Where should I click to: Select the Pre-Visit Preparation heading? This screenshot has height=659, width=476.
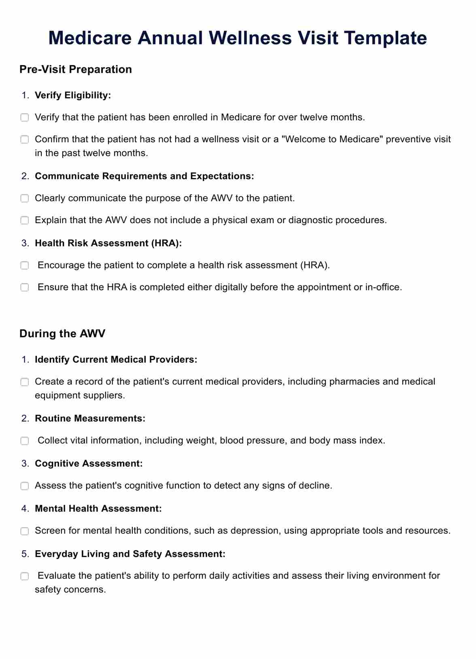[76, 69]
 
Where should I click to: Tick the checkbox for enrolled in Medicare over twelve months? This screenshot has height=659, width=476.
[25, 118]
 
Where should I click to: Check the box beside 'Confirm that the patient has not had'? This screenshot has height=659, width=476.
[25, 139]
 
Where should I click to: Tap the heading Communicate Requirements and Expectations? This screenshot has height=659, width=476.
[144, 176]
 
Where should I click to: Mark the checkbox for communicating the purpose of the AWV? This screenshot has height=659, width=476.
[25, 199]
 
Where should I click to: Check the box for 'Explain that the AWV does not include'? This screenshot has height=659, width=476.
[25, 220]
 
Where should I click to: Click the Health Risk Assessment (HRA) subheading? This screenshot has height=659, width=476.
[108, 243]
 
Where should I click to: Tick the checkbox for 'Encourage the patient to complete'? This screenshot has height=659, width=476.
[25, 266]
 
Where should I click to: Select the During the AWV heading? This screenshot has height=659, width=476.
[62, 334]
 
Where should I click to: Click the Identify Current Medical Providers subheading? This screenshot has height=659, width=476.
[116, 359]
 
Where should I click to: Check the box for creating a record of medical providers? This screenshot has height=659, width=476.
[25, 382]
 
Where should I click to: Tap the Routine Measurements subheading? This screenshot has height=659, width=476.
[90, 418]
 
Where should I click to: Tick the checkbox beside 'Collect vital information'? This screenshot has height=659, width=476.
[25, 441]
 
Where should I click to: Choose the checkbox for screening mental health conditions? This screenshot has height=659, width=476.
[25, 531]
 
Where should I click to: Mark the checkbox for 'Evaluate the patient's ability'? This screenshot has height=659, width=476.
[25, 576]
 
